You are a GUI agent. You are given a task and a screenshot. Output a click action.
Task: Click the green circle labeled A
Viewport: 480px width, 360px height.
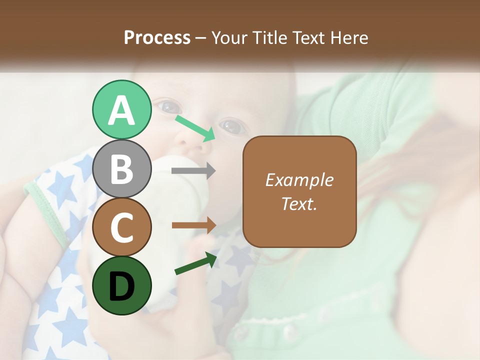click(x=121, y=110)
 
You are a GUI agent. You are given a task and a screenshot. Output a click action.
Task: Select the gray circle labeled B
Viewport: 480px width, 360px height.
click(x=121, y=169)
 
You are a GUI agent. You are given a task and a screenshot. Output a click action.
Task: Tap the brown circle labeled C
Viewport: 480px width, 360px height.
click(x=121, y=227)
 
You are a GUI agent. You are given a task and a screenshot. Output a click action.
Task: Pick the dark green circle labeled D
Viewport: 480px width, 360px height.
click(x=121, y=286)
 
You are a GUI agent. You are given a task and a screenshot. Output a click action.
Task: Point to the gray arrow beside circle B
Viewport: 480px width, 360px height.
click(x=193, y=171)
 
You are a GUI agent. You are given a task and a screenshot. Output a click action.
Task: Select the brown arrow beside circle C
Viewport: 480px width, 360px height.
click(x=193, y=225)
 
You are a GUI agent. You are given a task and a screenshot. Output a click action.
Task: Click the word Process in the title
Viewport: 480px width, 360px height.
click(x=157, y=37)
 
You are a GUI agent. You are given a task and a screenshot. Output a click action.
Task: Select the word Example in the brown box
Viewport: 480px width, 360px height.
click(x=299, y=180)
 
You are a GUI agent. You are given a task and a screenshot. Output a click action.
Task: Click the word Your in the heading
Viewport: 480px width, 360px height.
click(x=228, y=37)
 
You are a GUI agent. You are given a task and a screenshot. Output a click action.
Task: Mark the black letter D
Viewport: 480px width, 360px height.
click(x=121, y=286)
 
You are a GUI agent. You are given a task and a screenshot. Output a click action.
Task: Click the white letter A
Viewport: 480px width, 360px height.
click(x=121, y=110)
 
